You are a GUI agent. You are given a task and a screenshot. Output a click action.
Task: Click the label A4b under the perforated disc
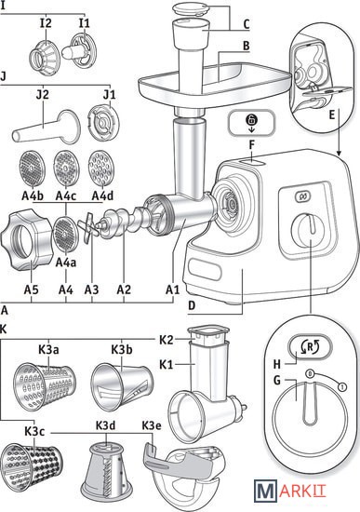(x=33, y=195)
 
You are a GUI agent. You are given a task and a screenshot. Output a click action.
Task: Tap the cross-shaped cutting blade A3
(x=88, y=228)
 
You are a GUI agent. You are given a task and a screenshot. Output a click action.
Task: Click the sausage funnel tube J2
(x=46, y=127)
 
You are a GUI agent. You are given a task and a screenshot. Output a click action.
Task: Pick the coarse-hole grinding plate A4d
(x=101, y=168)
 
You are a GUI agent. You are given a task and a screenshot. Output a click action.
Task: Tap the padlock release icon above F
(x=252, y=123)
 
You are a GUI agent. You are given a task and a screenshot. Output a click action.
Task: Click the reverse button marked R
(x=310, y=347)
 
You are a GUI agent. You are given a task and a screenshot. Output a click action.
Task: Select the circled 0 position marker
(x=310, y=373)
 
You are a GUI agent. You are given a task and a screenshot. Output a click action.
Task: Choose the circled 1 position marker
(x=342, y=387)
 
